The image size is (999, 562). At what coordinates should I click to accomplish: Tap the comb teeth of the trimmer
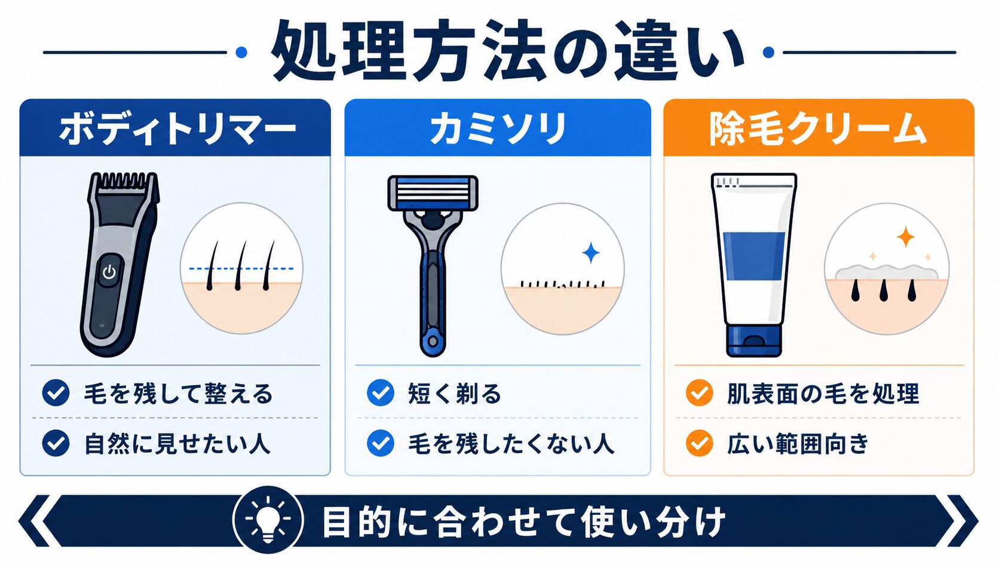point(125,180)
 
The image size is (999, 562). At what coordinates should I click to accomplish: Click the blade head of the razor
point(433,192)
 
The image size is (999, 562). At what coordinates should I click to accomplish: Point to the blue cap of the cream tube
point(753,340)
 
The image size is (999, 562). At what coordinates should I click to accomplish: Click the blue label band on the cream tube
point(753,256)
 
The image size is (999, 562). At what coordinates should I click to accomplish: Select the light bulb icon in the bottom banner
point(268,520)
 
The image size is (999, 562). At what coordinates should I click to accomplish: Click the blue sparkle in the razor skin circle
point(592,253)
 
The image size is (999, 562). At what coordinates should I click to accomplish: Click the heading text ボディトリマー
point(177,129)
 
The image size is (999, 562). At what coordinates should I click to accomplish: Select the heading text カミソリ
point(498,129)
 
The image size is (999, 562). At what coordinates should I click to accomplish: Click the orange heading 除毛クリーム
point(818,129)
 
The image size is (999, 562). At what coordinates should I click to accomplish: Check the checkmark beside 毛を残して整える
point(56,392)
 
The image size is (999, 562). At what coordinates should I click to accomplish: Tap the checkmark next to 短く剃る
point(381,392)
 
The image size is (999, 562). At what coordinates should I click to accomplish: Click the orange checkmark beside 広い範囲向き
point(699,443)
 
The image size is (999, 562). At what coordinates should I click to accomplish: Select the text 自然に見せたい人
point(177,444)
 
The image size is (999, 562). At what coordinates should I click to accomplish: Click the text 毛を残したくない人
point(511,444)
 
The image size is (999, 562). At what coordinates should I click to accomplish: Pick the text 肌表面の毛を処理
point(823,394)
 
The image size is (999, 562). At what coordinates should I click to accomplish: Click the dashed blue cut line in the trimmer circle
point(241,269)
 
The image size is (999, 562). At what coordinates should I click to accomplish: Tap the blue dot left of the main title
point(241,53)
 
